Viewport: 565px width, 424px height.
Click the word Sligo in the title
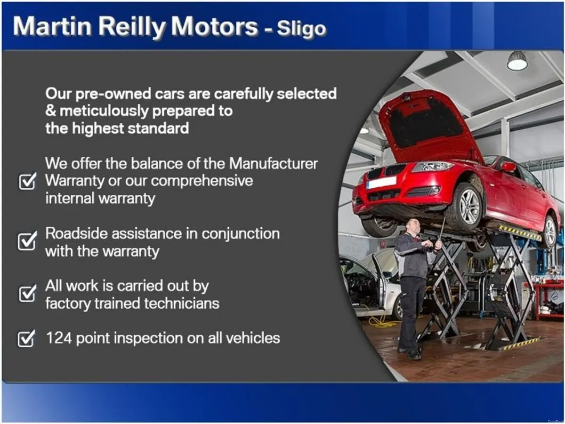[x=301, y=28]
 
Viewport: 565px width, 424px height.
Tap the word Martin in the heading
[x=52, y=27]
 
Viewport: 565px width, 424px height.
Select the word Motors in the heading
[x=215, y=27]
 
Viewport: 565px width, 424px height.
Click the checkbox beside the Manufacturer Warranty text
[x=27, y=182]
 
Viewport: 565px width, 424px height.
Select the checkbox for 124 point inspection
[x=27, y=338]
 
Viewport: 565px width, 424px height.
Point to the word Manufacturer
[x=273, y=164]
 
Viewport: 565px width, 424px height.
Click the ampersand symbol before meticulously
[x=50, y=111]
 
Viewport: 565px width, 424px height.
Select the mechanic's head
[x=413, y=225]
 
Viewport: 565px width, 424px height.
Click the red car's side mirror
[x=508, y=167]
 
